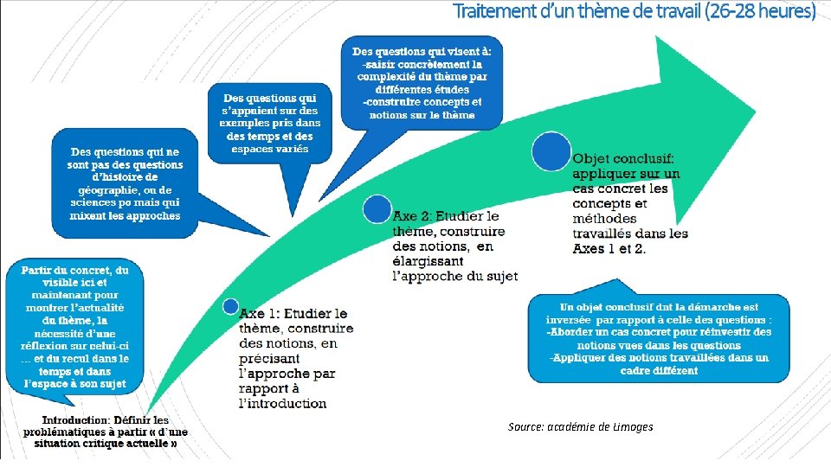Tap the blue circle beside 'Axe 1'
(x=230, y=306)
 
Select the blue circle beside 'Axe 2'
(x=377, y=209)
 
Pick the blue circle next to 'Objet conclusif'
(x=551, y=151)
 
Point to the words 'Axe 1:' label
(x=261, y=313)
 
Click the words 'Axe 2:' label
(x=415, y=215)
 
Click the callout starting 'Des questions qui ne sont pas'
(x=125, y=183)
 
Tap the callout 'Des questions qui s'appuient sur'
(x=269, y=123)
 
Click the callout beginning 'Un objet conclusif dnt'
(x=659, y=338)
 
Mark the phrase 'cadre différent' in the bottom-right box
(x=659, y=370)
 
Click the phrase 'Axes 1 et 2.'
(x=609, y=248)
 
